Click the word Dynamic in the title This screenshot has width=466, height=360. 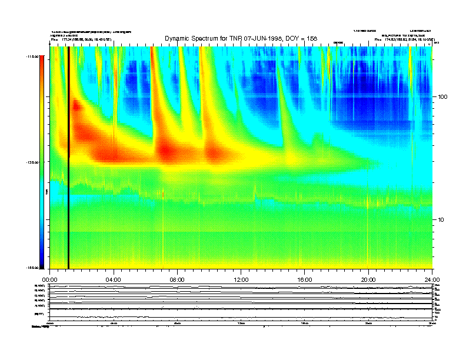pyautogui.click(x=178, y=38)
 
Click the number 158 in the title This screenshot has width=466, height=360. pyautogui.click(x=311, y=38)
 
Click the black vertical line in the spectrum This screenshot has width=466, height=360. pyautogui.click(x=69, y=159)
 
